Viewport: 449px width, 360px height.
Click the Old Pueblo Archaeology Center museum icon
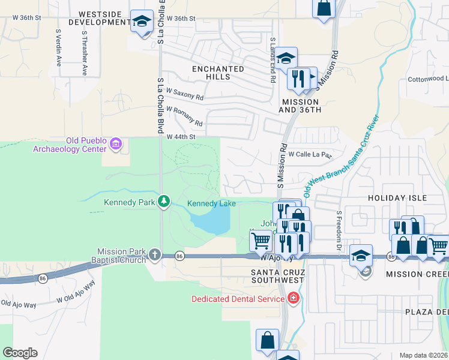click(116, 143)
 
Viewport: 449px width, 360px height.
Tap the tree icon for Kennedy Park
click(163, 202)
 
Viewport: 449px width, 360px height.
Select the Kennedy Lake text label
click(211, 204)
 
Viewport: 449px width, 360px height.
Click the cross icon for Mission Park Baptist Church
click(155, 255)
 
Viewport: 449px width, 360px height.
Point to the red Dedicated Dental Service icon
click(292, 299)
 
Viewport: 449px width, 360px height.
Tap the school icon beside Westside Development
click(142, 22)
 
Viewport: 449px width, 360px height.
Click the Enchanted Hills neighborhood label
click(218, 73)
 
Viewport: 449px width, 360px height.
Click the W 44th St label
click(182, 137)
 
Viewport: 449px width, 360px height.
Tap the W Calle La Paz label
click(310, 154)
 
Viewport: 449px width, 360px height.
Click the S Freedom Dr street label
click(339, 231)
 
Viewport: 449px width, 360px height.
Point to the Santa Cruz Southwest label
click(278, 276)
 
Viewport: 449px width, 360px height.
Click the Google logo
click(20, 353)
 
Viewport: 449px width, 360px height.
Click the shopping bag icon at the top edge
click(324, 9)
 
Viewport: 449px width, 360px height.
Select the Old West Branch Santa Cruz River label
click(342, 156)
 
